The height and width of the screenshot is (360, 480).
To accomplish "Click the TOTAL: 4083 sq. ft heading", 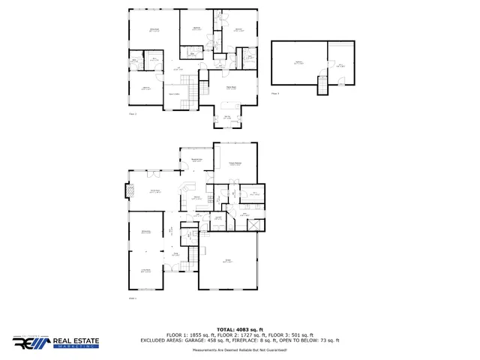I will point(239,329).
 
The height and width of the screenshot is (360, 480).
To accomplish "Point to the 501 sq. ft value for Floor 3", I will point(301,334).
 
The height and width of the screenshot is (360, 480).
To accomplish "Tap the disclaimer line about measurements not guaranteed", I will point(239,349).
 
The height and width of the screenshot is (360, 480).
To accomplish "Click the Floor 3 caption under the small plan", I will point(275,94).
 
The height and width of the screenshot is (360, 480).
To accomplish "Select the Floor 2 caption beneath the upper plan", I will point(133,114).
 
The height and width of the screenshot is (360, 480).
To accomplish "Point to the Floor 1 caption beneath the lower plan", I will point(133,298).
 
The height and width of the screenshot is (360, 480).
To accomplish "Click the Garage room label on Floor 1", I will point(227,261).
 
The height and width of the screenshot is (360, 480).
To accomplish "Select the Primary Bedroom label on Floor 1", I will point(234,163).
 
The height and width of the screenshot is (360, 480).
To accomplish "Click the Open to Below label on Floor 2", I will point(173,94).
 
